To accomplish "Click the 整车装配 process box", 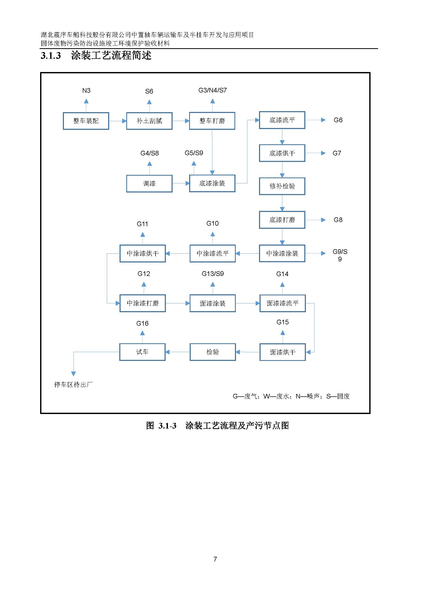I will point(86,121).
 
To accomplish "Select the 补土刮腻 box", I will point(149,121).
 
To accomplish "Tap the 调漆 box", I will point(149,183).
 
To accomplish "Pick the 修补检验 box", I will point(282,186).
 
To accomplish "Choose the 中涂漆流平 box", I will point(212,253).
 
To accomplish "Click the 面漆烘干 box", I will point(283,352).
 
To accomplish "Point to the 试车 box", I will point(142,352).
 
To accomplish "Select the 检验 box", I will point(212,352).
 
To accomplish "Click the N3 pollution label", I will point(86,90).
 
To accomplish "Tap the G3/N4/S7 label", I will point(212,90).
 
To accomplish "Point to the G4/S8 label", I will point(149,153).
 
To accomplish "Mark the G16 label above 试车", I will point(142,323).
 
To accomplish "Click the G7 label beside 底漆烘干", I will point(337,153).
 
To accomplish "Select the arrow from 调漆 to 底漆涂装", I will point(181,183).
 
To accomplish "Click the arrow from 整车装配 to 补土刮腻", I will point(117,121).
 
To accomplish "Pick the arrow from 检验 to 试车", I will point(178,352).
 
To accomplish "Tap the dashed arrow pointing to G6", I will point(315,120).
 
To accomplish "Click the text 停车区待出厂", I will point(73,384).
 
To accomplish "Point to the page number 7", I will point(215,559).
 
